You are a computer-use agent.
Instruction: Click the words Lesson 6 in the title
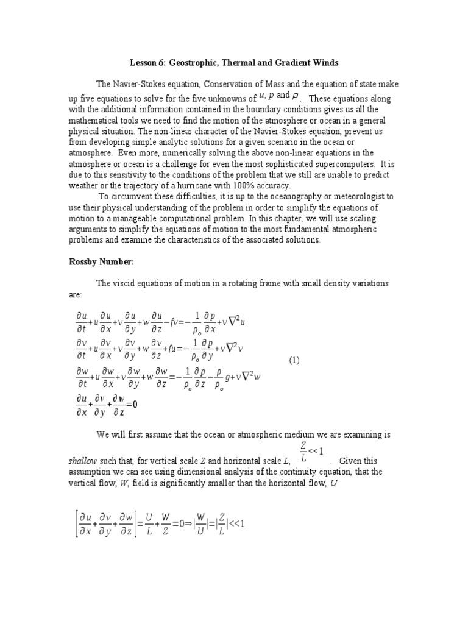coord(147,63)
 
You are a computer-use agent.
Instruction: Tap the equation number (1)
coord(294,360)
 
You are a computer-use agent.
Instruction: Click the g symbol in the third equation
coord(228,378)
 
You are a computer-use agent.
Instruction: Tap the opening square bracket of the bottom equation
coord(76,523)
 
